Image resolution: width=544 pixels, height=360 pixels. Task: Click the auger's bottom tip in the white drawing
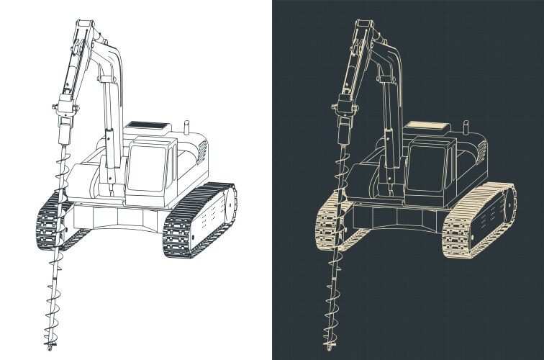(x=48, y=348)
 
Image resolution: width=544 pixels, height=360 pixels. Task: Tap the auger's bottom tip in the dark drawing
(x=328, y=348)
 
